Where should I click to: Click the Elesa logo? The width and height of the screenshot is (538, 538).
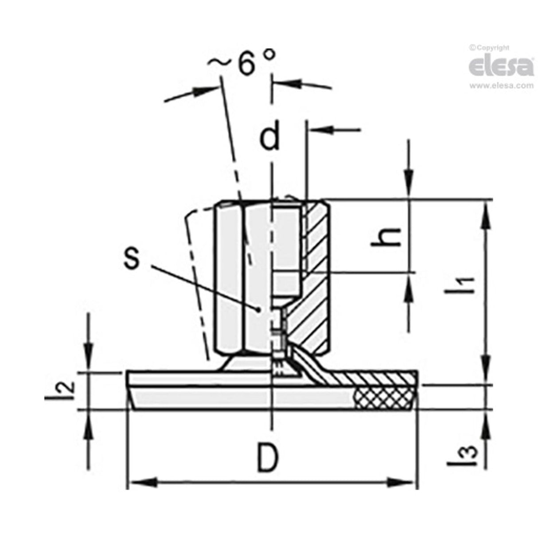(x=501, y=66)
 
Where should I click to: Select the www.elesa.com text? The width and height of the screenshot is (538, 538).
(x=501, y=86)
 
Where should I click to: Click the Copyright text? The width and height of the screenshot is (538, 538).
(x=490, y=47)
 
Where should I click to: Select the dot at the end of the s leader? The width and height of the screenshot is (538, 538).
(x=257, y=308)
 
